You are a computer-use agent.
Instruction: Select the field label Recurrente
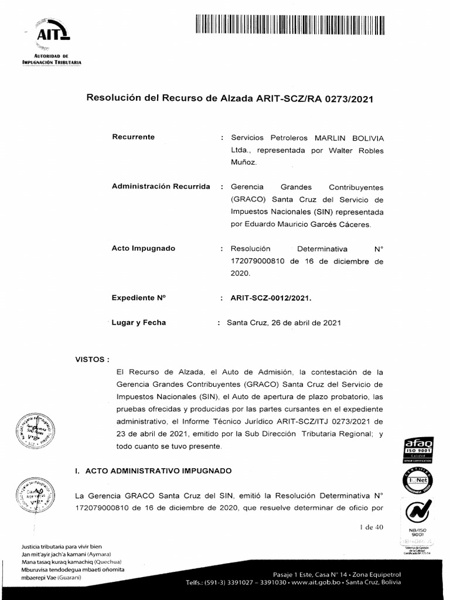click(133, 137)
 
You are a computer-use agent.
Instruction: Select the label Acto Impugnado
click(143, 248)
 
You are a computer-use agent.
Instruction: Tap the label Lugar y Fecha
click(139, 322)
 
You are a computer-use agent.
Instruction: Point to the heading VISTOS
click(93, 359)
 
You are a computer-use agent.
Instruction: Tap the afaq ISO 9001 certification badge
click(419, 449)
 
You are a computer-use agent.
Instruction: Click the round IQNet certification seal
click(419, 480)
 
